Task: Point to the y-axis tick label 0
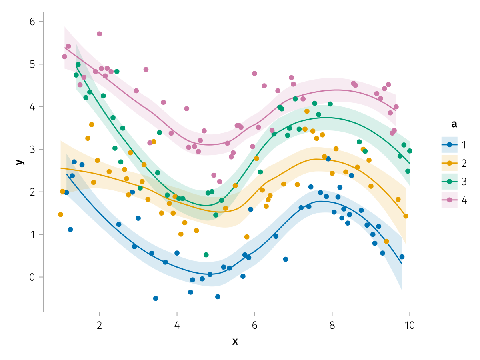point(32,277)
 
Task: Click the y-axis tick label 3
point(32,150)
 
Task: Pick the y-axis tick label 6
point(32,22)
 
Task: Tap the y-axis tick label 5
point(32,64)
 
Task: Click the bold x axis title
point(235,341)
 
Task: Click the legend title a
point(454,124)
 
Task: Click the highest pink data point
point(100,34)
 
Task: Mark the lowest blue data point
point(156,298)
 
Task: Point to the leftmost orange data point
point(61,214)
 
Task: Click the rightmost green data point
point(410,151)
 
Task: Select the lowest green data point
point(206,255)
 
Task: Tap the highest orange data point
point(307,111)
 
